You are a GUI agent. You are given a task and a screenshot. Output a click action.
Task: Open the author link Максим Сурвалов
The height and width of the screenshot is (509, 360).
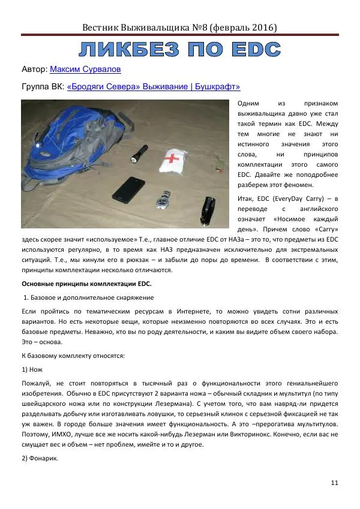85,69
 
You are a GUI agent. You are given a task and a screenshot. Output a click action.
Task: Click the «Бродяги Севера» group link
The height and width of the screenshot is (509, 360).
154,86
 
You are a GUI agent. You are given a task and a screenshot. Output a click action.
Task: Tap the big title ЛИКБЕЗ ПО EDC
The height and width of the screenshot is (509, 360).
180,49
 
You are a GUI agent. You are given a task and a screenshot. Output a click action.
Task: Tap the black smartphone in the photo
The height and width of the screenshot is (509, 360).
128,189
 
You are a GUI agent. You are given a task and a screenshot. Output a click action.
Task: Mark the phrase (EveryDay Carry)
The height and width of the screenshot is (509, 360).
290,198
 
